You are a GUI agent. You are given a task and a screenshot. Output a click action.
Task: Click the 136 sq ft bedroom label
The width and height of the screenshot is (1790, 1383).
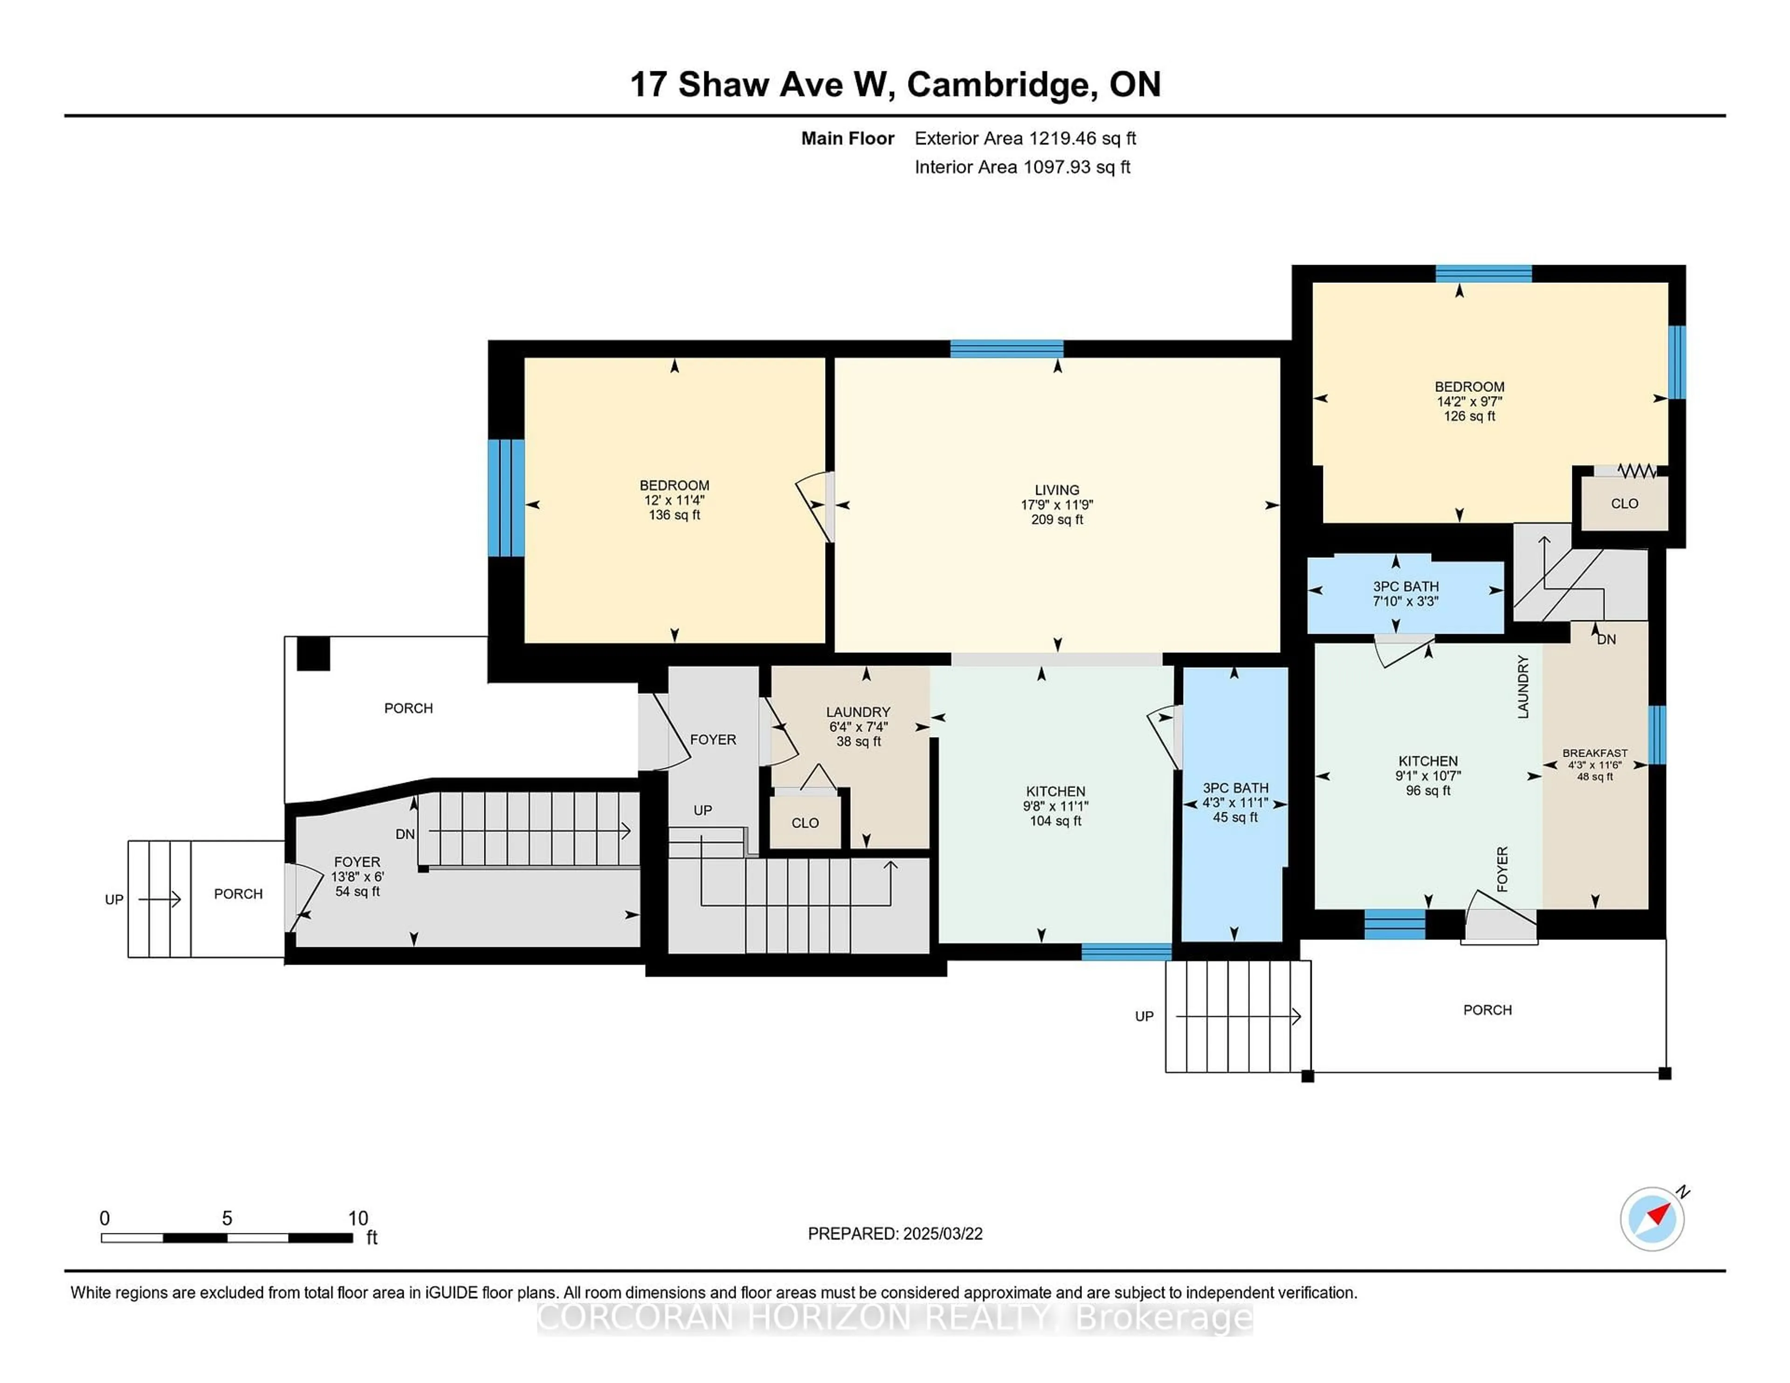[x=675, y=500]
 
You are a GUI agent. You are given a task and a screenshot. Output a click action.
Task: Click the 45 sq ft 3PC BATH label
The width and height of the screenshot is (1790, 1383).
[x=1235, y=802]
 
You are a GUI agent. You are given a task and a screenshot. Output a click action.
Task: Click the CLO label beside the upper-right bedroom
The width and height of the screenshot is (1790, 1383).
[x=1625, y=504]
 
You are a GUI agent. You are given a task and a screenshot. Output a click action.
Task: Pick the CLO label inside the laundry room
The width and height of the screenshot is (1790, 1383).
[x=805, y=822]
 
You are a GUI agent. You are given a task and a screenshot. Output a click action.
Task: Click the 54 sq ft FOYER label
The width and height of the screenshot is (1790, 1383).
[x=358, y=876]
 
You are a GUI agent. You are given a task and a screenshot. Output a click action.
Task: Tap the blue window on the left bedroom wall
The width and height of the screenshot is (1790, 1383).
[x=506, y=498]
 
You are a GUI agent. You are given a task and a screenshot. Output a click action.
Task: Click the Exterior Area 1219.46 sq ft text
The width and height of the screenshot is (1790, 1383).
[x=1026, y=138]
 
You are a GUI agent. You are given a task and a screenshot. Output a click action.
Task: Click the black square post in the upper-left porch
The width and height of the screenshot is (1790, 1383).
[x=313, y=654]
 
